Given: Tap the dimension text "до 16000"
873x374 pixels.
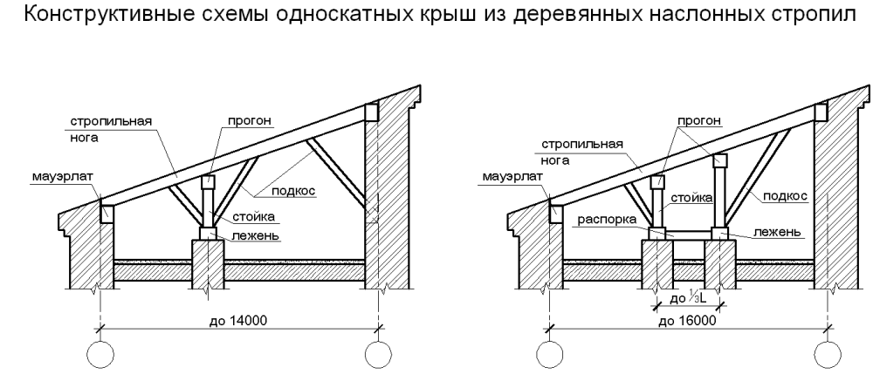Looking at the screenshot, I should pyautogui.click(x=688, y=320).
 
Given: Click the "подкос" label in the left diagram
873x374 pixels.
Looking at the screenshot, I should pyautogui.click(x=294, y=189).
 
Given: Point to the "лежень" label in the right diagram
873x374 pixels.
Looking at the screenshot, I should pyautogui.click(x=773, y=233).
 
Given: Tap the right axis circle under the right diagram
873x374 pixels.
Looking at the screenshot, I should pyautogui.click(x=826, y=356).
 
